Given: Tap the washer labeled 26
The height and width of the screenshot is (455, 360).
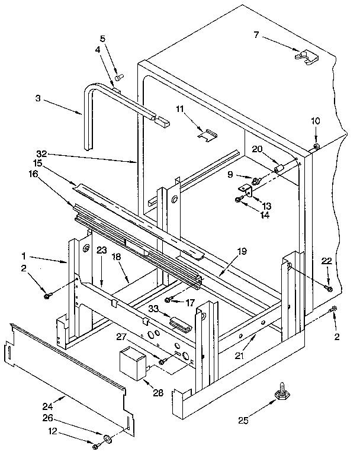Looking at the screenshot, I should (108, 438).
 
